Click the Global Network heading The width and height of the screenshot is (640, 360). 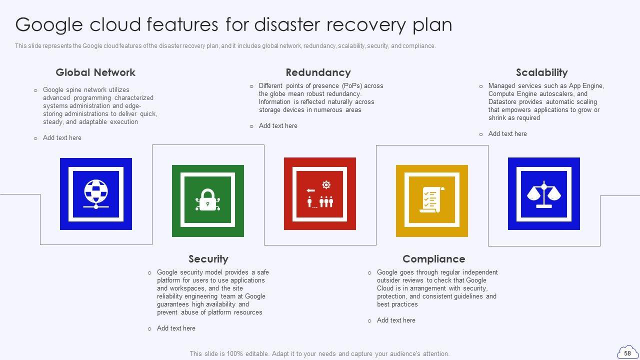[95, 72]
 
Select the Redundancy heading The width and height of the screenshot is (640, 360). [318, 72]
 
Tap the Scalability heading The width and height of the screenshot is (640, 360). [541, 72]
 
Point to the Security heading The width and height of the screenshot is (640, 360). [208, 259]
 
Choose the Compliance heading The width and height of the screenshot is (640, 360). [433, 259]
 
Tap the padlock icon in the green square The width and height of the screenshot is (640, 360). [207, 199]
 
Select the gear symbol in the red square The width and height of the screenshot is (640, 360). [326, 184]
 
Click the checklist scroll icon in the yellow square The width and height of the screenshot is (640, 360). [431, 199]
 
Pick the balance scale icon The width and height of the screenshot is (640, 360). [544, 194]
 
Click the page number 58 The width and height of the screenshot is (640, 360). [627, 353]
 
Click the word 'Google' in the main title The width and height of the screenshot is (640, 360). [49, 25]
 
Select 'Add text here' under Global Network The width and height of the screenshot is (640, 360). [62, 137]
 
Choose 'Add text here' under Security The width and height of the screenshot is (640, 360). [176, 328]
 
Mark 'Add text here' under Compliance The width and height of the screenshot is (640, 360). [396, 320]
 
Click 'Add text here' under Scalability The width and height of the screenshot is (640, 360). [507, 133]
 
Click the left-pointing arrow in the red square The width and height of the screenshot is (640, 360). [310, 190]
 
